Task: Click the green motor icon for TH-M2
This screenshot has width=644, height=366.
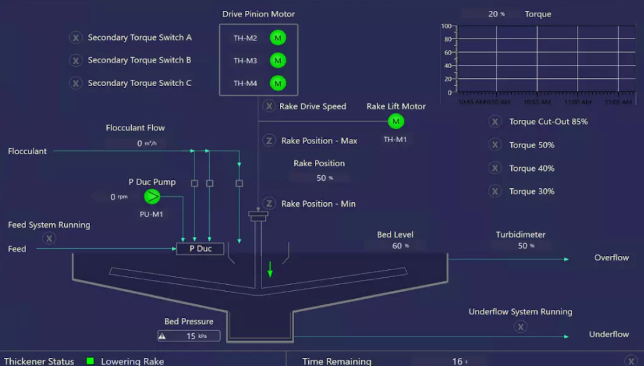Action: point(278,38)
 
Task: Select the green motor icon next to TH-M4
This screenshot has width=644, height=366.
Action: point(278,83)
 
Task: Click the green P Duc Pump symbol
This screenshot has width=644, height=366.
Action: point(152,197)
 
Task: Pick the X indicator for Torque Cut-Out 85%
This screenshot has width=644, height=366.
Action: point(495,122)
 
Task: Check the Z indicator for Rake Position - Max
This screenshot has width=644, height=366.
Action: point(269,141)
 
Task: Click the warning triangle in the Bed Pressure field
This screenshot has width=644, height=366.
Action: point(162,336)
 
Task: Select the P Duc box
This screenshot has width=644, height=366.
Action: point(200,249)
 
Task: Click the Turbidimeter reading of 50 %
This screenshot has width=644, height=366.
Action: point(525,246)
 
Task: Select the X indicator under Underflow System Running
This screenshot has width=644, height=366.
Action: point(520,327)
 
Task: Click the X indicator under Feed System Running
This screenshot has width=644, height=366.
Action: point(49,238)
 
